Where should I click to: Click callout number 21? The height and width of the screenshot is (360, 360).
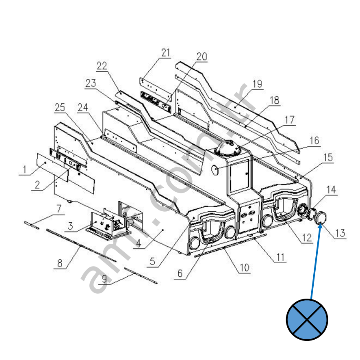(x=165, y=52)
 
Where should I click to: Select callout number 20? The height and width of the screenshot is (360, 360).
(x=202, y=56)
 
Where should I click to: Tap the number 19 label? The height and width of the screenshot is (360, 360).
(x=257, y=84)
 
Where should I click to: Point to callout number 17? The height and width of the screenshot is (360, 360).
(x=290, y=120)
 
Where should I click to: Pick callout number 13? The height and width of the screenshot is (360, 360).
(x=340, y=233)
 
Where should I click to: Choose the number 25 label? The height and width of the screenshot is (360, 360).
(x=60, y=107)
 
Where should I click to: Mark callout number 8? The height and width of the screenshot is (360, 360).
(x=60, y=263)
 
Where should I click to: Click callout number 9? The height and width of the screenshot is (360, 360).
(x=104, y=279)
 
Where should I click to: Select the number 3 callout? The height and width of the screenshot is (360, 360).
(x=70, y=226)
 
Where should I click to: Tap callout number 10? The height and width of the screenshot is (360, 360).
(x=244, y=267)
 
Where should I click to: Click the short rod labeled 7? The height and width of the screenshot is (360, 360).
(x=32, y=225)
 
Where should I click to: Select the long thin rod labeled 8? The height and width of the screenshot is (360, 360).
(x=82, y=245)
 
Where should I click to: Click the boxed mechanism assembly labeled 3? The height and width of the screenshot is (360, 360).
(x=108, y=224)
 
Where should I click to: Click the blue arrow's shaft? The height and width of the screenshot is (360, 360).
(x=315, y=261)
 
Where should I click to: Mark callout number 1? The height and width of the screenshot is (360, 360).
(x=24, y=170)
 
